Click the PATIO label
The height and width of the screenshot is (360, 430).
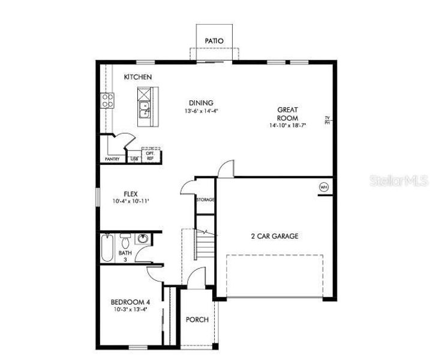tap(214, 41)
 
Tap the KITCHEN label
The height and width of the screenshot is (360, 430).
tap(137, 77)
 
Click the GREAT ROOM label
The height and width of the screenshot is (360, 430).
tap(287, 114)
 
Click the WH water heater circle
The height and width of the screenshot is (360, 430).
tap(324, 187)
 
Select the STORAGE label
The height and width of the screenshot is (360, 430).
tap(205, 199)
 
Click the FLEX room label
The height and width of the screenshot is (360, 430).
tap(131, 194)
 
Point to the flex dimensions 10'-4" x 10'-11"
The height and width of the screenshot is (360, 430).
tap(131, 202)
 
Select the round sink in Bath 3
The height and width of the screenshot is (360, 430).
tap(142, 239)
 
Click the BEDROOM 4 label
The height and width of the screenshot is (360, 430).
tap(130, 302)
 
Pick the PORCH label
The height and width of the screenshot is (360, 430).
tap(197, 320)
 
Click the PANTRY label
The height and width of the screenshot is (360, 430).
tap(112, 159)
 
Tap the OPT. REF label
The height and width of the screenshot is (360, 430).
tap(151, 155)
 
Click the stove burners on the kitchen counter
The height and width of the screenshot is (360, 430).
tap(107, 100)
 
